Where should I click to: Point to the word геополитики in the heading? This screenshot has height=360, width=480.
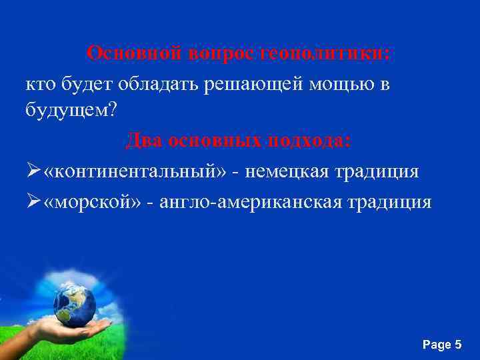335,53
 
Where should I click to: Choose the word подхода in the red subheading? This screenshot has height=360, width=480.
313,141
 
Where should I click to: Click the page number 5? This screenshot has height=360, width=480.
457,345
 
